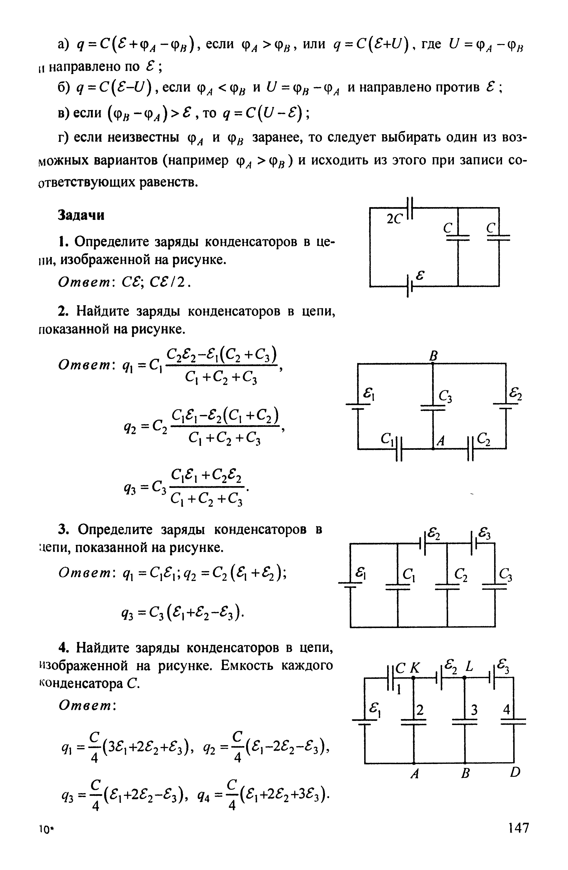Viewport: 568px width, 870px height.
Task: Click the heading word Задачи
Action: tap(81, 215)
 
